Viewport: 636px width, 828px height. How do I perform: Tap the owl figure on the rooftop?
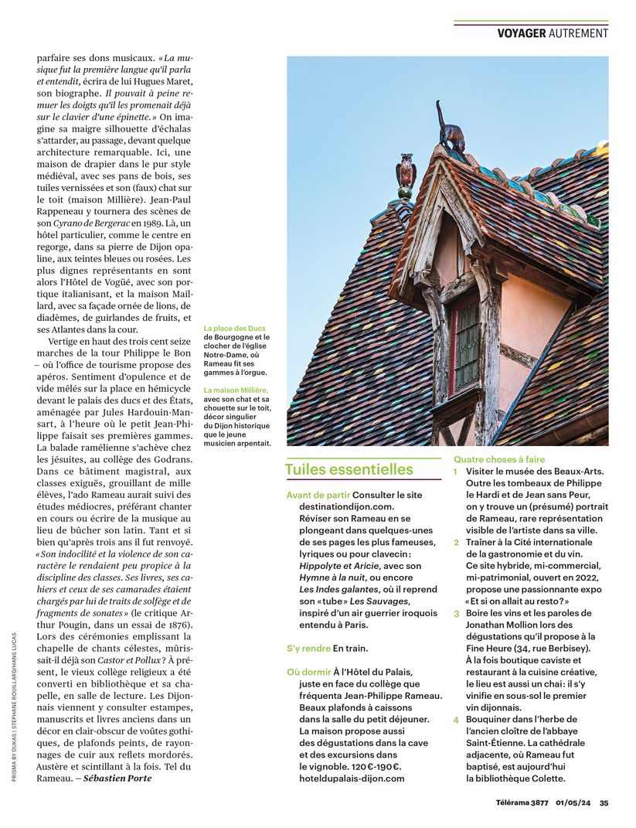coord(406,174)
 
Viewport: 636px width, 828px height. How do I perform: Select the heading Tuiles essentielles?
coord(349,469)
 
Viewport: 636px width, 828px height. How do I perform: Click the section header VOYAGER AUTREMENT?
coord(553,33)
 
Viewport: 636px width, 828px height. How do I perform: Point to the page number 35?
coord(604,802)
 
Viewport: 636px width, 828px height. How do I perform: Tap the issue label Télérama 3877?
coord(522,802)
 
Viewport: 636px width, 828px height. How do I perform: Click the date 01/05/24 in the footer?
coord(573,802)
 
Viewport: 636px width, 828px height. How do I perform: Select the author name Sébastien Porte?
coord(117,778)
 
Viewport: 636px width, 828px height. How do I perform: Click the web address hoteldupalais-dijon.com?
coord(352,779)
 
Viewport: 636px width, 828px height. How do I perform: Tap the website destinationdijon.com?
coord(346,506)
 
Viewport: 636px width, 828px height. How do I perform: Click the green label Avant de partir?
coord(318,494)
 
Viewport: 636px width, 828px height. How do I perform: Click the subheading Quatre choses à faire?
coord(499,459)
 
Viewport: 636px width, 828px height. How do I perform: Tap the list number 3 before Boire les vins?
coord(456,613)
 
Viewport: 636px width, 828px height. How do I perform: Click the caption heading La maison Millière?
coord(236,390)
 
